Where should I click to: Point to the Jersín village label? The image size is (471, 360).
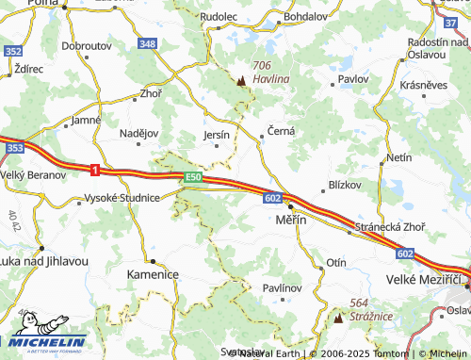click(217, 136)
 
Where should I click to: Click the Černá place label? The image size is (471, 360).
click(282, 131)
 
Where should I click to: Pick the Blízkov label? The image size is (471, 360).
click(344, 185)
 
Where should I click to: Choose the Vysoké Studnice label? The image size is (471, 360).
click(122, 198)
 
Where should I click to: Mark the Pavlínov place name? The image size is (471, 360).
click(282, 286)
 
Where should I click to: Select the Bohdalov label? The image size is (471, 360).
click(302, 17)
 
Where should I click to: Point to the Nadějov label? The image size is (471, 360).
click(139, 133)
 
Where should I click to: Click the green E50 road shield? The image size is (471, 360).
click(193, 176)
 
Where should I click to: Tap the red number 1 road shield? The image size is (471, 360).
click(95, 170)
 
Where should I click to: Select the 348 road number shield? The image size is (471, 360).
click(147, 44)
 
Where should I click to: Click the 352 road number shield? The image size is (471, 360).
click(13, 51)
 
